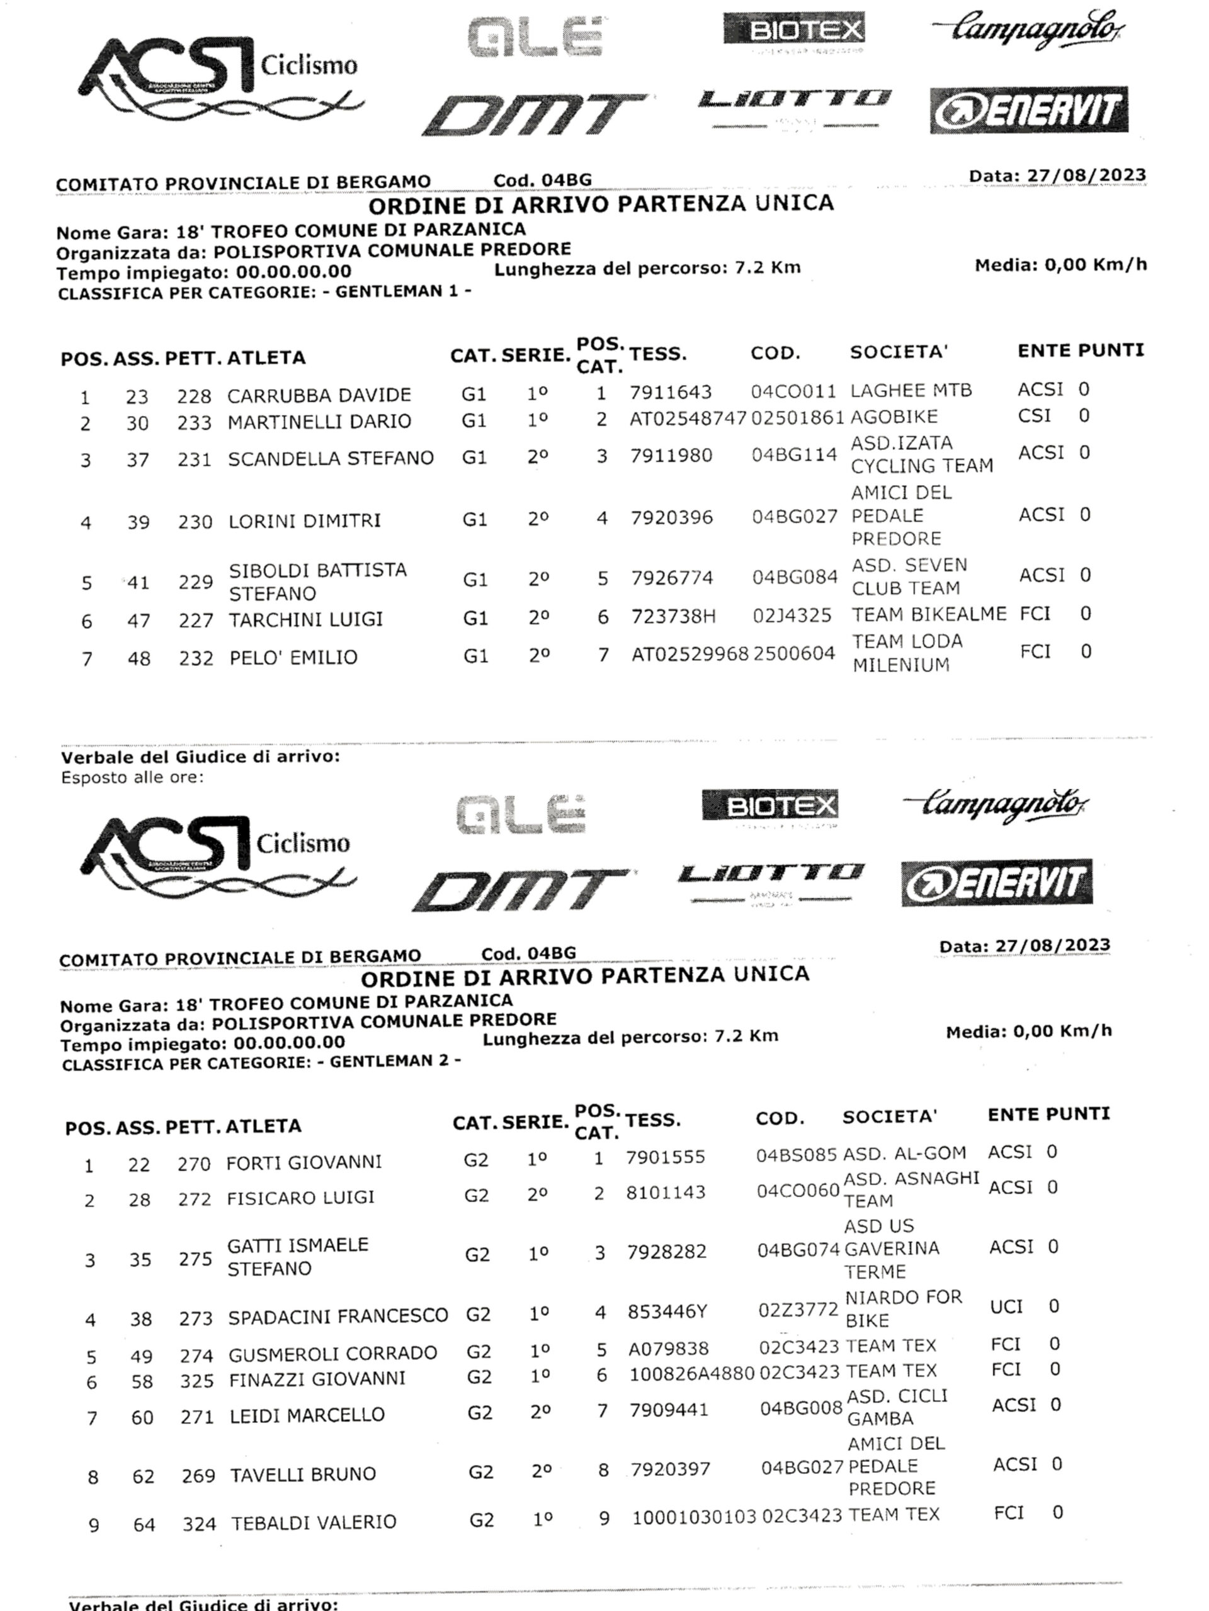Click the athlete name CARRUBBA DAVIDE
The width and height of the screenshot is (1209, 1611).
coord(319,395)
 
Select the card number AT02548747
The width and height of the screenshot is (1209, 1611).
coord(688,418)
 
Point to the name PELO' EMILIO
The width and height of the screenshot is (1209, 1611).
coord(293,658)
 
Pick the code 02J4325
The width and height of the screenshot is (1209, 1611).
coord(792,616)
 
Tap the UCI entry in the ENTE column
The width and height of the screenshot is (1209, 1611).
coord(1006,1307)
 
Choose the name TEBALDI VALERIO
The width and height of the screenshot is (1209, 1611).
coord(314,1523)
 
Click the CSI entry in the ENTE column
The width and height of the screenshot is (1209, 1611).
coord(1034,416)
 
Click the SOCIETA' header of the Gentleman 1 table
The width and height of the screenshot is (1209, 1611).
coord(898,352)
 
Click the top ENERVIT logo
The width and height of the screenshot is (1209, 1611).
coord(1028,110)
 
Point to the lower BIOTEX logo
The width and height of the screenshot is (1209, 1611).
coord(769,805)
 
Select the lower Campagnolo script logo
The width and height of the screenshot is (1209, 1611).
coord(996,805)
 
